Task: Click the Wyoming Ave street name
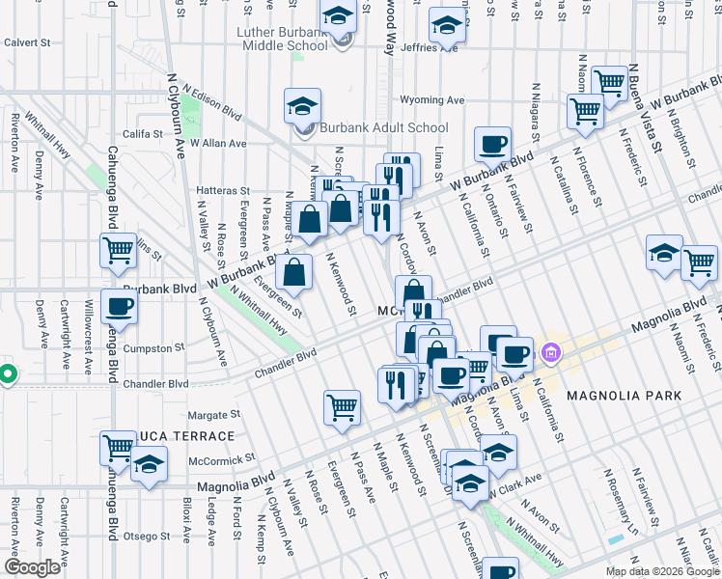click(x=431, y=99)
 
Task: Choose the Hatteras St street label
click(x=223, y=191)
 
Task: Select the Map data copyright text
click(x=661, y=571)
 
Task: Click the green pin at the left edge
click(x=7, y=373)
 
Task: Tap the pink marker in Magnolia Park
click(x=551, y=353)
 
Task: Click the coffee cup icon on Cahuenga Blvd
click(x=120, y=307)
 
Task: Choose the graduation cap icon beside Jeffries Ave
click(x=448, y=26)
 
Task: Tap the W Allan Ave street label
click(x=218, y=144)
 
